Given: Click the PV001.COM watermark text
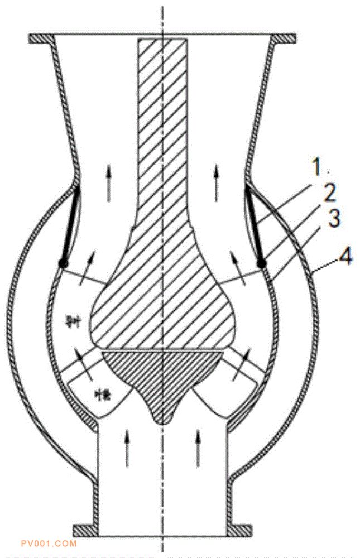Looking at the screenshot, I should click(48, 543).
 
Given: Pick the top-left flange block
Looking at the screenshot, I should click(42, 39).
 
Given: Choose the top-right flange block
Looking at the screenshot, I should click(283, 39).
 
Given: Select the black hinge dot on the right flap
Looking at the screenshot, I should click(261, 262).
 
